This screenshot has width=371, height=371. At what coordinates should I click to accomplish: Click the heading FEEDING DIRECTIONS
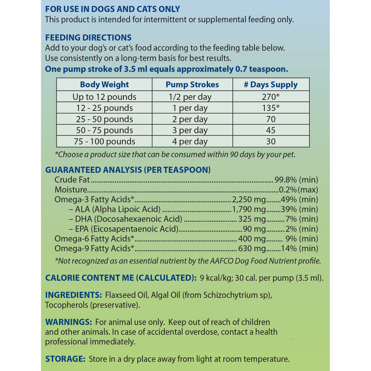(88, 37)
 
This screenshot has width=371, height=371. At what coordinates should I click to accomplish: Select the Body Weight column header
(104, 85)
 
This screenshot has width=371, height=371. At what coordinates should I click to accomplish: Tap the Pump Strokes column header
(192, 85)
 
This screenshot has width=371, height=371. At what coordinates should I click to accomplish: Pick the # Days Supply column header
(270, 85)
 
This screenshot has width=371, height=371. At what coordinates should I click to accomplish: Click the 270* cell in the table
(271, 97)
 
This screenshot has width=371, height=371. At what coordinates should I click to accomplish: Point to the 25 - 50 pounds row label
(103, 119)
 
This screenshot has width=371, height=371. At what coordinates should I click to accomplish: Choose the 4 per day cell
(192, 141)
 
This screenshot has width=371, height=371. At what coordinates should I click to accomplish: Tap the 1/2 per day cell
(192, 97)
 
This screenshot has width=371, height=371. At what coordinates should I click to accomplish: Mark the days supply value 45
(271, 130)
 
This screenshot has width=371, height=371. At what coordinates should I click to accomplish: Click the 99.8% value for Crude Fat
(285, 180)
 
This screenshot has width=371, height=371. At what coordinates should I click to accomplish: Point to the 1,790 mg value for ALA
(249, 209)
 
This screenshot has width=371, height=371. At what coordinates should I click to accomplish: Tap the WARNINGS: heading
(68, 322)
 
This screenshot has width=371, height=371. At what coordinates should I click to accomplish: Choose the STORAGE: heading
(65, 359)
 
